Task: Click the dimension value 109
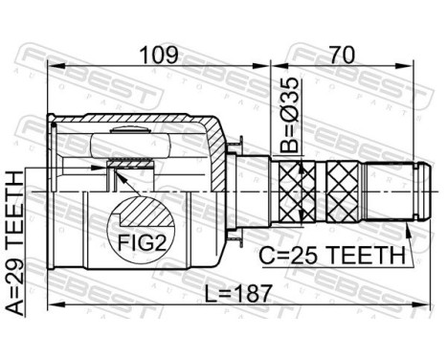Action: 159,55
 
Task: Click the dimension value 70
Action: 342,55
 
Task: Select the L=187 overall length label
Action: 238,293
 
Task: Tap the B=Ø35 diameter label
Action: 290,115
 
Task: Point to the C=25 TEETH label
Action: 332,256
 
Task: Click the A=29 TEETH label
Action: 15,243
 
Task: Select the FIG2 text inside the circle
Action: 142,244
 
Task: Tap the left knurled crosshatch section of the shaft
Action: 298,191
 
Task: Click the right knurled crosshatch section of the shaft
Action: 343,191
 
